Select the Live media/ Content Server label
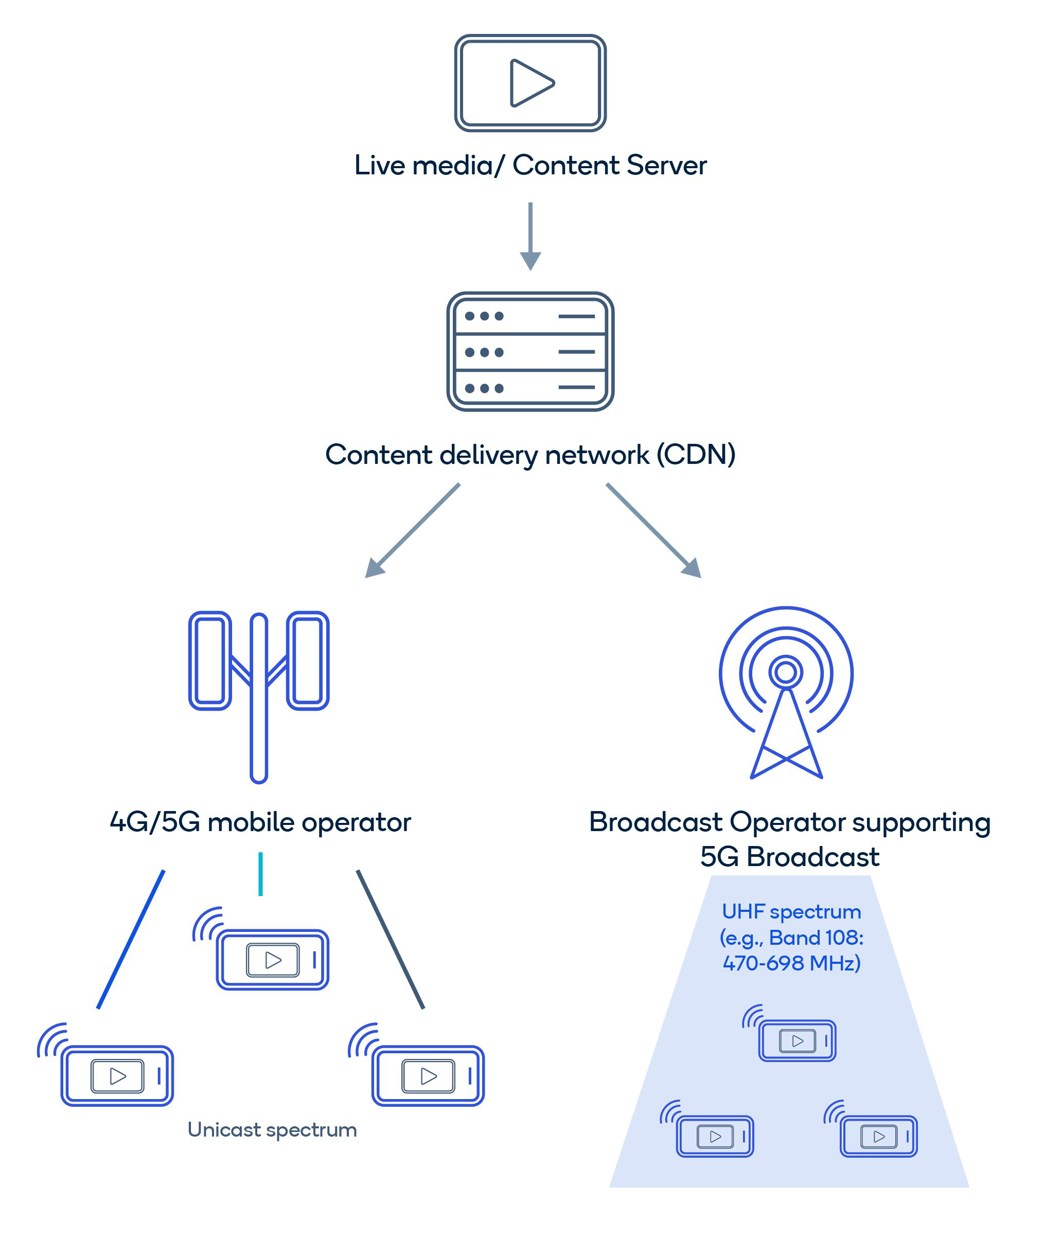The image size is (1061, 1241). click(530, 165)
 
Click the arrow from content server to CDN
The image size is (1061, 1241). click(530, 237)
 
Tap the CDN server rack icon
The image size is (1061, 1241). click(530, 352)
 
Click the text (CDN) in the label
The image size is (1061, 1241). click(696, 455)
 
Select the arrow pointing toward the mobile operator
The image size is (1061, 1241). click(412, 531)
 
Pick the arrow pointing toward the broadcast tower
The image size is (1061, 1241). click(653, 531)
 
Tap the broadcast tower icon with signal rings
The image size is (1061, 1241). click(786, 692)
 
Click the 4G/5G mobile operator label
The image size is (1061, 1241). click(260, 822)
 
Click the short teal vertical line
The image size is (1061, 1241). click(260, 874)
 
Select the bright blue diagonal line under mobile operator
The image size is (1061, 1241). click(131, 939)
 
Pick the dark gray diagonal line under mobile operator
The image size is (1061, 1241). click(391, 939)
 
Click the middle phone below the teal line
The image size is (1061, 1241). click(273, 960)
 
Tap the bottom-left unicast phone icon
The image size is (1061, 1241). click(117, 1076)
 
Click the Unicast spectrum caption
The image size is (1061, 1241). click(272, 1129)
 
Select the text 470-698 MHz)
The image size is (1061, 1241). click(791, 963)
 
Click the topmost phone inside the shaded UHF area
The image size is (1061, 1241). click(797, 1040)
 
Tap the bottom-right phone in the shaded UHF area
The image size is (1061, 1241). click(878, 1136)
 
